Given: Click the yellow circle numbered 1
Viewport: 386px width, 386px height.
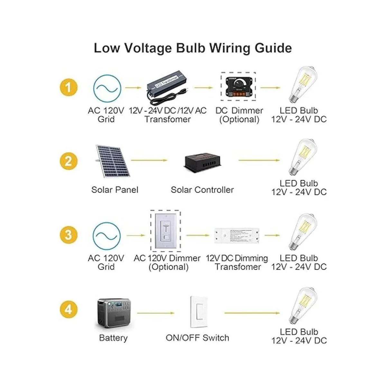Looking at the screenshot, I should (68, 87).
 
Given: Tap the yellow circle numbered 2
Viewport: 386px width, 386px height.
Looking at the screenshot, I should (68, 161).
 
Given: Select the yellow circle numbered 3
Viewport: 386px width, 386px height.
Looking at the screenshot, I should (68, 235).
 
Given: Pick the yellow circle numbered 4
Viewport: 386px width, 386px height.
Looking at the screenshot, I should (68, 310).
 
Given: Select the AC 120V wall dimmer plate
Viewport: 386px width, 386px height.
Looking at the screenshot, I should (166, 231).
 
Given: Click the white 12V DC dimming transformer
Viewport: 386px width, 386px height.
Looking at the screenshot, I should (237, 235).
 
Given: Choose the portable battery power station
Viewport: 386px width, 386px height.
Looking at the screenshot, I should (115, 313).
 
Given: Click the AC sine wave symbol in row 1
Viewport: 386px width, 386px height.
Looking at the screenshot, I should (107, 87).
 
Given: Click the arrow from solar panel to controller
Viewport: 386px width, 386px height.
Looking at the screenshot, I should (149, 160).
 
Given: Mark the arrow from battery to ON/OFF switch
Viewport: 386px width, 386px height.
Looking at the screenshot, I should (156, 313).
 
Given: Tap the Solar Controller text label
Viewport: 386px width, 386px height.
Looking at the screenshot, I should (202, 190).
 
